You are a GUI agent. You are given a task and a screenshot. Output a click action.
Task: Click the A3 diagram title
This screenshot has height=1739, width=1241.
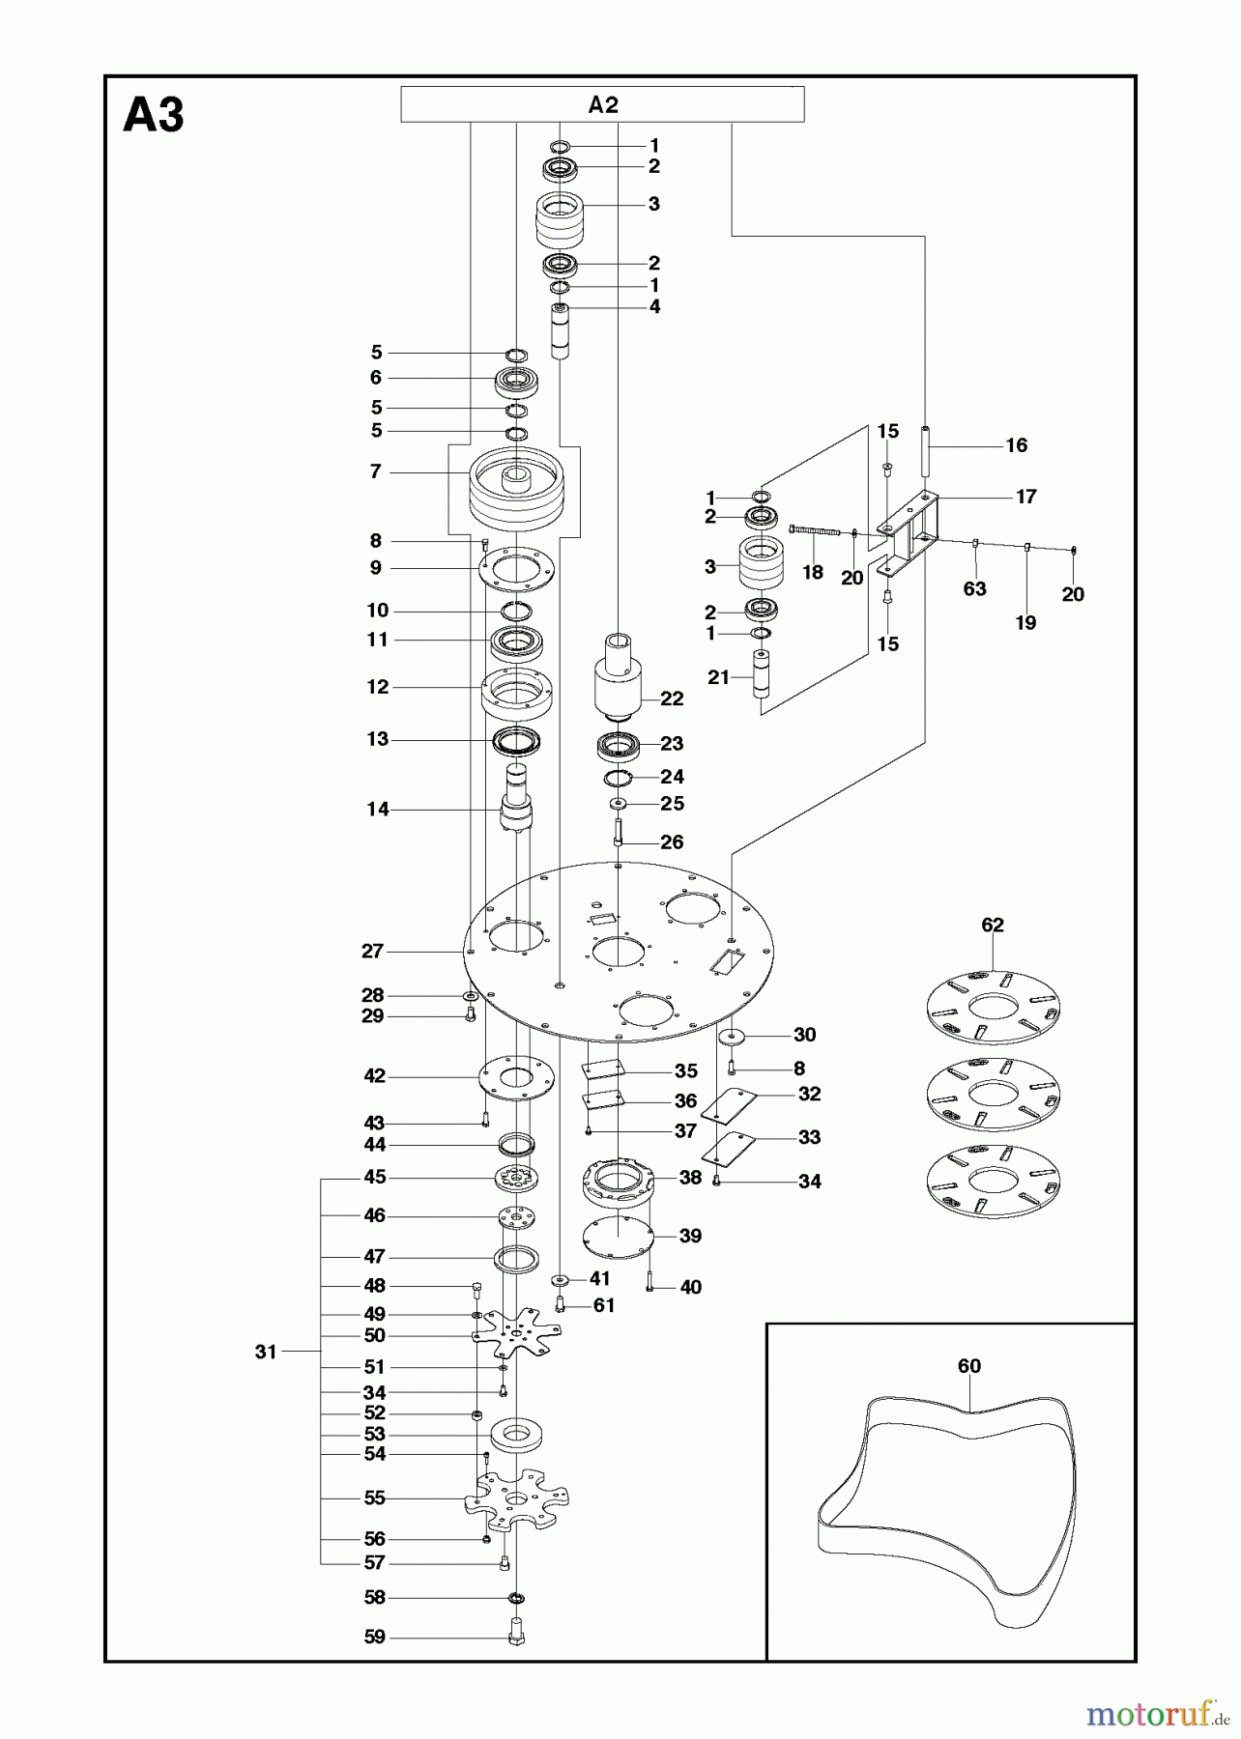point(154,116)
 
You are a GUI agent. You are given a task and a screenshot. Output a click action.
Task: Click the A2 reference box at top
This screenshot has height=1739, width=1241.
point(602,104)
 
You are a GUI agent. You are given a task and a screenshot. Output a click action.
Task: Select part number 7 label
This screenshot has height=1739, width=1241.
point(376,471)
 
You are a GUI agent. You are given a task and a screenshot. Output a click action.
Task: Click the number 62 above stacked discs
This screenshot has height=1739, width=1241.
point(993,925)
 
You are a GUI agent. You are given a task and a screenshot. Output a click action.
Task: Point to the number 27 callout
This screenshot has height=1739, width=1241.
point(373,951)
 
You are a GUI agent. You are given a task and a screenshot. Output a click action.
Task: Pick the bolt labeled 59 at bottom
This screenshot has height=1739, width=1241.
point(515,1638)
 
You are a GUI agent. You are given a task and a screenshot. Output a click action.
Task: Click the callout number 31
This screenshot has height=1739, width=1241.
point(267,1352)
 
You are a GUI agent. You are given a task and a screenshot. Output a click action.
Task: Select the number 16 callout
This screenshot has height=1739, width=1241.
point(1017,445)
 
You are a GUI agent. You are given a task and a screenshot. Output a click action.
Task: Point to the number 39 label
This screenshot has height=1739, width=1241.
point(690,1236)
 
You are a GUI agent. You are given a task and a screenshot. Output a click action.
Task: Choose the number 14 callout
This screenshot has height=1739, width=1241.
point(378,809)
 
